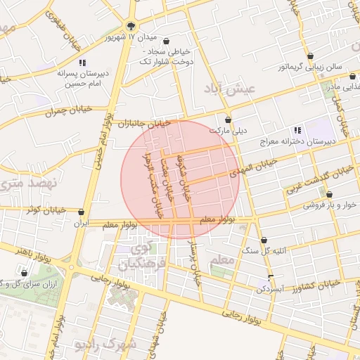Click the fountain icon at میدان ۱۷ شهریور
tap(131, 25)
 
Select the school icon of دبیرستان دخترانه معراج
tap(297, 129)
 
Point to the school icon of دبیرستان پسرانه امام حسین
tap(83, 63)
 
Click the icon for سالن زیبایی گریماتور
tap(310, 56)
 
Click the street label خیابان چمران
tap(49, 112)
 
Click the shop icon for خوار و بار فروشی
tap(329, 195)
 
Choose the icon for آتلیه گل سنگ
tap(264, 240)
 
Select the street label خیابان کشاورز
tap(316, 283)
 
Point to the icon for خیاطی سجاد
tap(166, 41)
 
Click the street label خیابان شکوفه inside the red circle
tap(183, 176)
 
